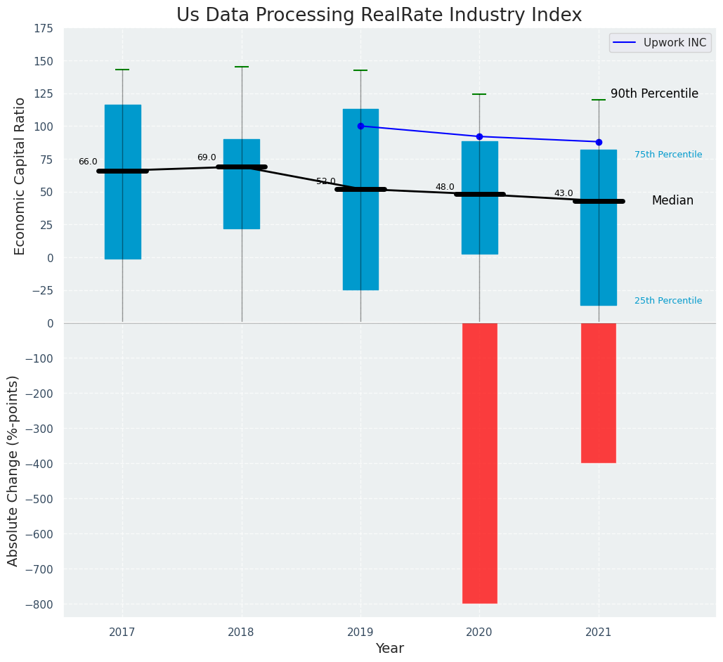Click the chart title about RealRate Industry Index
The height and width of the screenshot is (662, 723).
[x=379, y=15]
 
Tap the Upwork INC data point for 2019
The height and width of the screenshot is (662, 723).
[x=360, y=126]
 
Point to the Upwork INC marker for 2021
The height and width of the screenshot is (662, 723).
[x=599, y=142]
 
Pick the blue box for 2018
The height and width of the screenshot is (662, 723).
[x=242, y=184]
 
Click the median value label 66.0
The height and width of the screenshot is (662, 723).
[x=88, y=162]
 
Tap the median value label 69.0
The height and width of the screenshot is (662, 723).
[x=207, y=157]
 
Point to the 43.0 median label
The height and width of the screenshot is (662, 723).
[x=564, y=193]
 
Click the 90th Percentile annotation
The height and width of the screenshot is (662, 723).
[x=654, y=93]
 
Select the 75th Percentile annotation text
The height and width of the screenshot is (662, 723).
[x=667, y=155]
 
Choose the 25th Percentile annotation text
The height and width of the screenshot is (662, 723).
[x=667, y=301]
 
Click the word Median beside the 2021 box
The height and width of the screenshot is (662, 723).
[x=672, y=200]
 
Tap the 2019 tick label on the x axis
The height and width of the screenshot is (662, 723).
[x=360, y=632]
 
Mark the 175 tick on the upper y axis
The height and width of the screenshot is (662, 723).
[x=43, y=28]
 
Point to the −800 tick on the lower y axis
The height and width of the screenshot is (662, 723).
[x=39, y=604]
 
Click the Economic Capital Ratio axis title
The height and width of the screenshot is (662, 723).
[x=20, y=176]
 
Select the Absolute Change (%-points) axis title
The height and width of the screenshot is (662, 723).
[x=13, y=470]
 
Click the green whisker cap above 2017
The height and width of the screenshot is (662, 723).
[x=122, y=70]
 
